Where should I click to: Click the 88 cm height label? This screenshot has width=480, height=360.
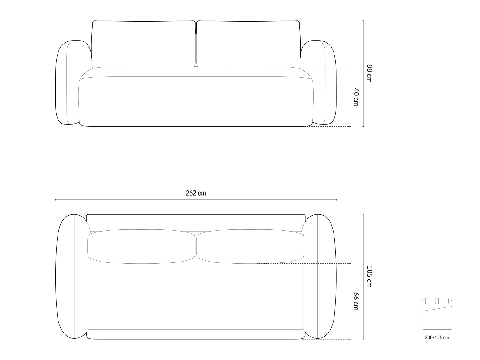(369, 73)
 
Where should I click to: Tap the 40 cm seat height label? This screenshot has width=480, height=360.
(356, 97)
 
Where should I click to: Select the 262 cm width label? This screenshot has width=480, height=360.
(196, 193)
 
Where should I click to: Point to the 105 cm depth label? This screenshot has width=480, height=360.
(369, 277)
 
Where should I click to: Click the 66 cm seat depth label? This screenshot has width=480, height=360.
(356, 301)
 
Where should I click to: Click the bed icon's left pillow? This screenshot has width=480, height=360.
(430, 301)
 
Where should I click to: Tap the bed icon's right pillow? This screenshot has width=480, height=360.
(443, 301)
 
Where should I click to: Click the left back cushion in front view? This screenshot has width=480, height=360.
(143, 44)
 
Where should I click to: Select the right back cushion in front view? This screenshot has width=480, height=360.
(248, 44)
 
